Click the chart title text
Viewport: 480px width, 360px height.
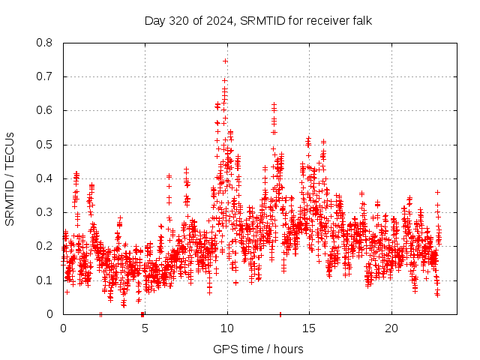coord(259,20)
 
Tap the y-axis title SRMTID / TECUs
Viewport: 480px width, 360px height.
coord(10,178)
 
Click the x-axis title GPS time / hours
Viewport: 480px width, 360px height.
coord(259,349)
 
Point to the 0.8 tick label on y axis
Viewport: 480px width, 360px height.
coord(45,43)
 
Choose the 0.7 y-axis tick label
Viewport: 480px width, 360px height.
coord(45,76)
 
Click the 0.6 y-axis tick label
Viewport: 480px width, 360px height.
coord(45,110)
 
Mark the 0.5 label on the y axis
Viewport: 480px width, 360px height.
coord(45,145)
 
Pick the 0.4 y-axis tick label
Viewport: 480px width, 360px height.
coord(45,178)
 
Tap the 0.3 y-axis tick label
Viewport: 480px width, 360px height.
coord(45,212)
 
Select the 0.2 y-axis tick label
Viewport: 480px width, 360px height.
coord(45,246)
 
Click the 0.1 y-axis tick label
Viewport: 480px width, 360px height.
coord(45,280)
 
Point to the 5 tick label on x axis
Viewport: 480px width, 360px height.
coord(145,328)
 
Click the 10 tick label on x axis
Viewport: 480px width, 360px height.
coord(227,328)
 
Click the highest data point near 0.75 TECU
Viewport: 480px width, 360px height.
coord(225,61)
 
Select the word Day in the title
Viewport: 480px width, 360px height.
coord(154,20)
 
